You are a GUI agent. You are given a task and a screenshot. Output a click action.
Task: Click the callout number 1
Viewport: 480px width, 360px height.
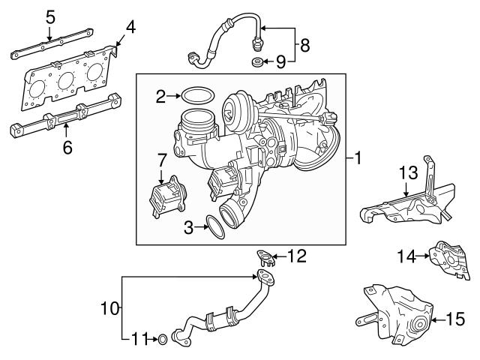coord(358,158)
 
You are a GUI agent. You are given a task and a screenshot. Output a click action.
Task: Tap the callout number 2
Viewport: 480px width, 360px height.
coord(160,95)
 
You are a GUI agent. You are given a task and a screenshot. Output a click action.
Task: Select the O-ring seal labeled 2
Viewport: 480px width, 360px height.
coord(196,96)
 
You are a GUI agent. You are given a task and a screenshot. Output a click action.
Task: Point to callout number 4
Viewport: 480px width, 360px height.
coord(130,29)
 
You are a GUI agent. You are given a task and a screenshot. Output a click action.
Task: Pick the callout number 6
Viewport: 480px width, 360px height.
coord(67,148)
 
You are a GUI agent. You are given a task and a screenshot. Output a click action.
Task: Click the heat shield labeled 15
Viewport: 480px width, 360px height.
coord(394,315)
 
